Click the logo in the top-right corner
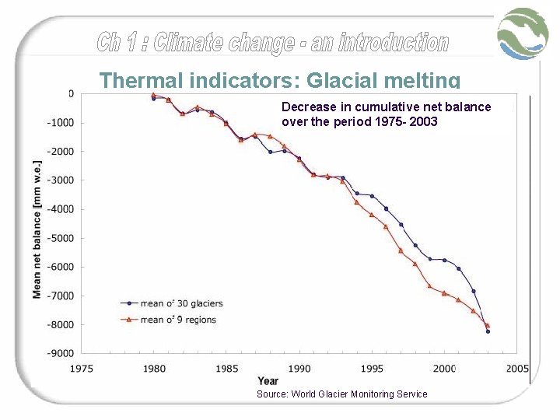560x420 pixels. point(523,33)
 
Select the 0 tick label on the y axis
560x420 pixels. point(71,93)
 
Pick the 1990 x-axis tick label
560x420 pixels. point(299,369)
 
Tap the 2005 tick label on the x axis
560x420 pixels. point(516,369)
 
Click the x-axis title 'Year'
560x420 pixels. point(268,381)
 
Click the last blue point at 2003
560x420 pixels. point(488,331)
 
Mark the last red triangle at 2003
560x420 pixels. point(488,325)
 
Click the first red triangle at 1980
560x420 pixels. point(154,95)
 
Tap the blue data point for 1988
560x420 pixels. point(271,152)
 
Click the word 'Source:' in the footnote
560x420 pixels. point(272,394)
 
